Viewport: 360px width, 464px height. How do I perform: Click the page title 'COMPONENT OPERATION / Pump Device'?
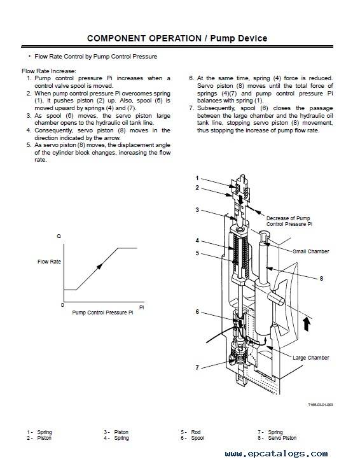point(177,38)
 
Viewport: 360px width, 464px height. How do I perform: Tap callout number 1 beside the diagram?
point(197,178)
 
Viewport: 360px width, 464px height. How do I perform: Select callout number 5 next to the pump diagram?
point(197,253)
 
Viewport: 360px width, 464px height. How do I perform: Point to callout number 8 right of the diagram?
point(321,278)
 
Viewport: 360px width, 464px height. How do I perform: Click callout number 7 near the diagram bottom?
point(197,368)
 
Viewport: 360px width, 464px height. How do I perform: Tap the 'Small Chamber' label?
point(311,251)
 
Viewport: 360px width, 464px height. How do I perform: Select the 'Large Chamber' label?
point(311,358)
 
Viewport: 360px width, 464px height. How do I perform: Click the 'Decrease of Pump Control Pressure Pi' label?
point(289,221)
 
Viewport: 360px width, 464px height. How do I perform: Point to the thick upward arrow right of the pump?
point(307,324)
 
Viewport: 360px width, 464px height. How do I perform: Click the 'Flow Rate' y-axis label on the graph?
point(49,262)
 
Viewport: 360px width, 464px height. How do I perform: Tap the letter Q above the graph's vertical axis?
point(59,236)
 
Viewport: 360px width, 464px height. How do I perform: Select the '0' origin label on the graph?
point(62,305)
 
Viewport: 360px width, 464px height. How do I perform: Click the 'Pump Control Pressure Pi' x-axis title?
point(102,313)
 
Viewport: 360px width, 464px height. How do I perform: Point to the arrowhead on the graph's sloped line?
point(100,266)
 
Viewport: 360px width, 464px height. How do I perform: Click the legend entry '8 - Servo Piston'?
point(277,438)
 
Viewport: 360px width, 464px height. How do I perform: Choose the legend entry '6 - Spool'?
point(192,438)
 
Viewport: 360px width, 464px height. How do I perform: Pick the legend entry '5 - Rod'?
point(191,432)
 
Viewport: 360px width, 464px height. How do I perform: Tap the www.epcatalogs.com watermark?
point(276,454)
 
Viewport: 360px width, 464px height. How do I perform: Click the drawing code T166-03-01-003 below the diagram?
point(321,405)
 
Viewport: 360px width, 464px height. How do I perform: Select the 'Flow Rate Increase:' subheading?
point(49,71)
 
